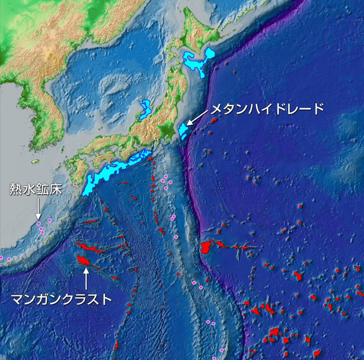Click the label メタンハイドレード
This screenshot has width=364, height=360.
click(x=268, y=109)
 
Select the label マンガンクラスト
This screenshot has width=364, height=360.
click(x=61, y=299)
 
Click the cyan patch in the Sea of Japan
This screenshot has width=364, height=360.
click(x=144, y=109)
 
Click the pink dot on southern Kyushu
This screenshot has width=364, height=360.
click(x=75, y=184)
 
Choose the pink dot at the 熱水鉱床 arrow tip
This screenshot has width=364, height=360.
click(x=38, y=223)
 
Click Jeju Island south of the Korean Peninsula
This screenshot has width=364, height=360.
click(x=35, y=161)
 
